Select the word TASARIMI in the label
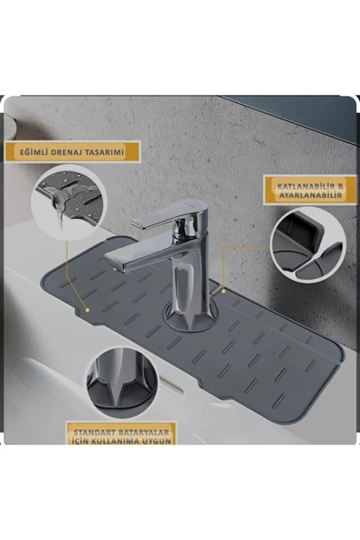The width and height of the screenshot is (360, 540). (115, 151)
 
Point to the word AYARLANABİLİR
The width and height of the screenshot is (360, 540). (308, 196)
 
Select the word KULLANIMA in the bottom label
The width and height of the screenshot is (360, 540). (125, 438)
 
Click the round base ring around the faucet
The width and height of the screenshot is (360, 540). (190, 319)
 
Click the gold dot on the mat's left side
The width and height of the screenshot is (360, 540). (87, 308)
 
